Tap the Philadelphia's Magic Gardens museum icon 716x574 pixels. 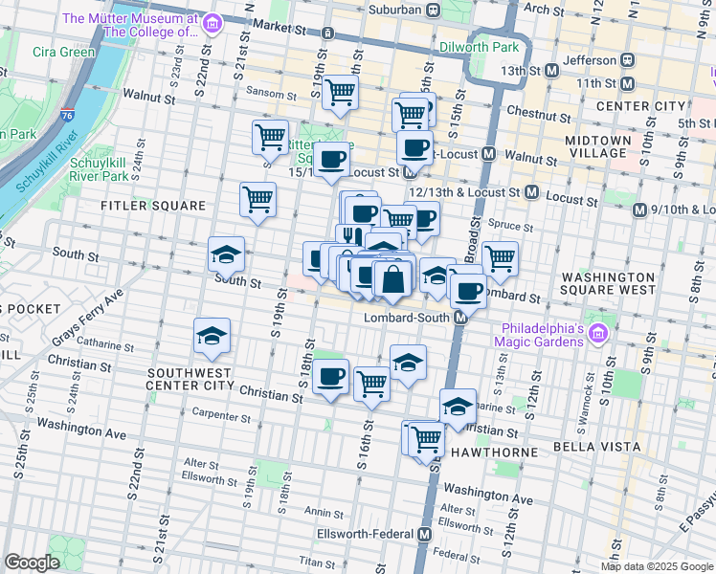599,334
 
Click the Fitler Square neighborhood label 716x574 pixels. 154,206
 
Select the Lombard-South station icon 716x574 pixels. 460,317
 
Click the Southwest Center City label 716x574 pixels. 190,379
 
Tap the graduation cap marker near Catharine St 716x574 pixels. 213,335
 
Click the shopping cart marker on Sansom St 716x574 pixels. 340,93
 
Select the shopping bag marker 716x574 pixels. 392,280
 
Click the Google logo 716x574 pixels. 33,563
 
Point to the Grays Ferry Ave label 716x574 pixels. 89,320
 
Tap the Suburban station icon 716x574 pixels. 433,10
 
